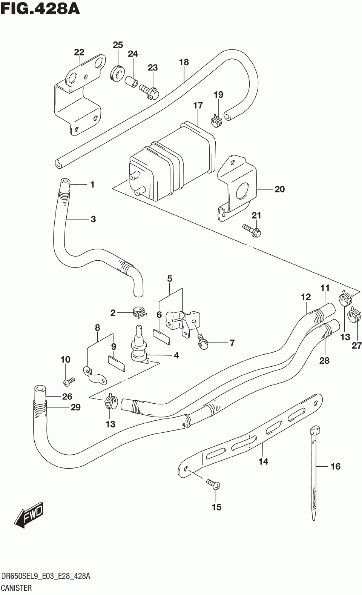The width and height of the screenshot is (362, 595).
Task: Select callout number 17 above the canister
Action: pyautogui.click(x=198, y=105)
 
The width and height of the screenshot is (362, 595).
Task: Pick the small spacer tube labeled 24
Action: pyautogui.click(x=131, y=81)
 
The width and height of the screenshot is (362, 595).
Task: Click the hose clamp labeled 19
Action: pyautogui.click(x=217, y=121)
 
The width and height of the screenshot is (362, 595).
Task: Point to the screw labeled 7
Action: pyautogui.click(x=202, y=341)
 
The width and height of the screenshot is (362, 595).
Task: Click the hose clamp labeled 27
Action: pyautogui.click(x=355, y=314)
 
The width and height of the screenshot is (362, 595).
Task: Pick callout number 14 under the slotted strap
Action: pyautogui.click(x=264, y=461)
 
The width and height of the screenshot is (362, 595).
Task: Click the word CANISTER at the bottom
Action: pyautogui.click(x=17, y=588)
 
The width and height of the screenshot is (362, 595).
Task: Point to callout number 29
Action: pyautogui.click(x=75, y=407)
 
